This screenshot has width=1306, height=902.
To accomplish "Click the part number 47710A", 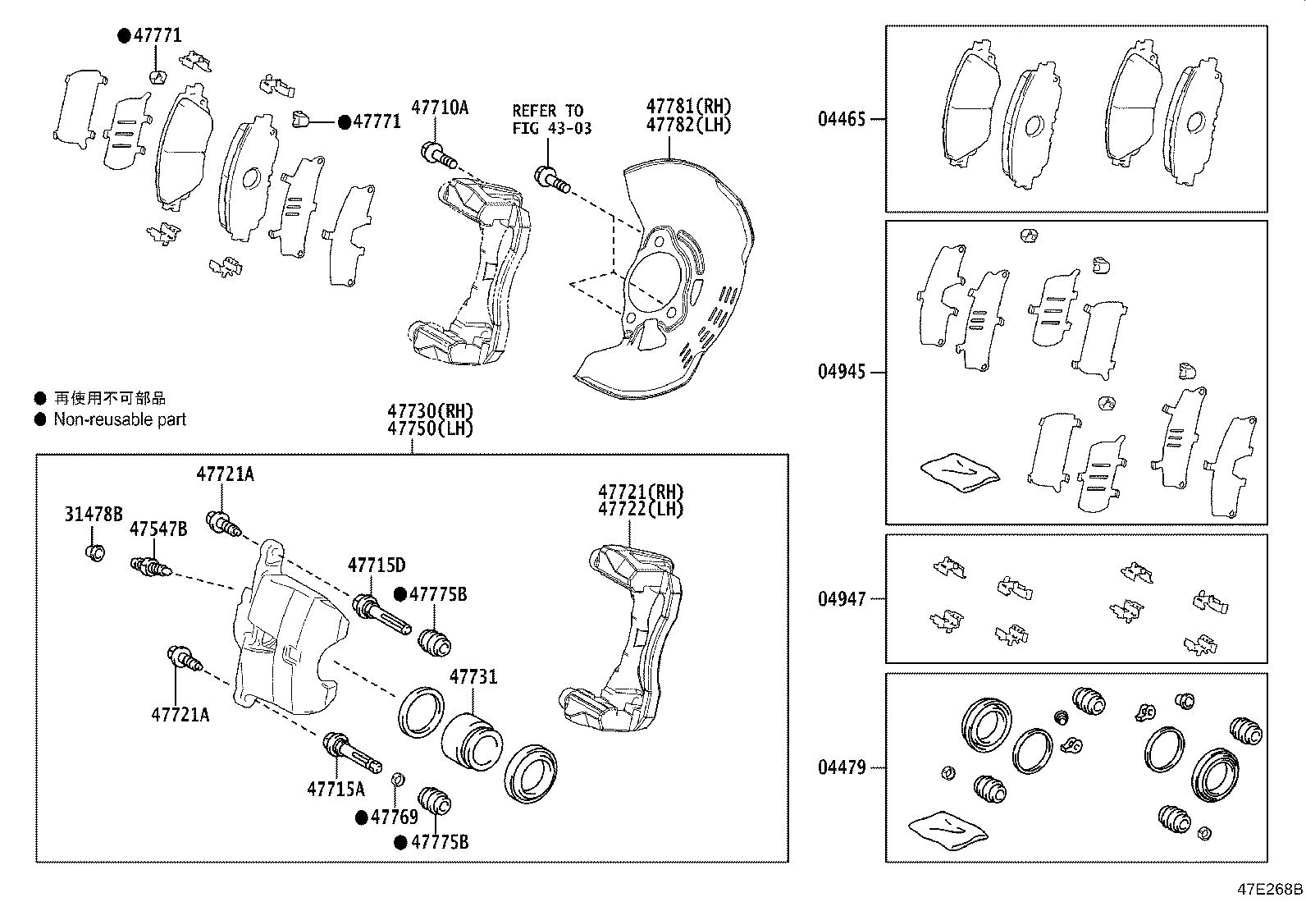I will tap(440, 107).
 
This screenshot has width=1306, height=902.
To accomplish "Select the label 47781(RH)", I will tap(687, 106).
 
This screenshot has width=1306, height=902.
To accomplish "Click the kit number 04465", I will tap(841, 119).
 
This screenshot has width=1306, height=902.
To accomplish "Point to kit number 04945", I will tap(841, 372).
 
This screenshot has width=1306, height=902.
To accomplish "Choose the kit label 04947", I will tap(841, 599).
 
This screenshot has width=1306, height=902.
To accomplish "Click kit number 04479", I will tap(841, 768).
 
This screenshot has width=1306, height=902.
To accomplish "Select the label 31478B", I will tap(94, 515).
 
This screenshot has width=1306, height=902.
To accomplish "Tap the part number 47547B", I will tap(158, 529).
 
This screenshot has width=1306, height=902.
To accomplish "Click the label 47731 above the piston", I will tap(473, 677).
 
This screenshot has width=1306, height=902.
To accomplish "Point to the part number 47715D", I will tap(376, 565).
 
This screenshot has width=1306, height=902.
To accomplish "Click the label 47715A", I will tap(336, 789).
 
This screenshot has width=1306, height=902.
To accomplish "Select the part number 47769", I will tap(394, 817).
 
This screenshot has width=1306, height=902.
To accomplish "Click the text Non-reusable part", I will tap(120, 419).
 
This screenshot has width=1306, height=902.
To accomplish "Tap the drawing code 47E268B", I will tap(1269, 890).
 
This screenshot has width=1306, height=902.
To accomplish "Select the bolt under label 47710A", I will tap(437, 153).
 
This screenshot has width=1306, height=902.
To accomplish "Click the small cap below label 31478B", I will tap(94, 552).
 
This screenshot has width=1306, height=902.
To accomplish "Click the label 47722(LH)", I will tap(641, 508).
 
